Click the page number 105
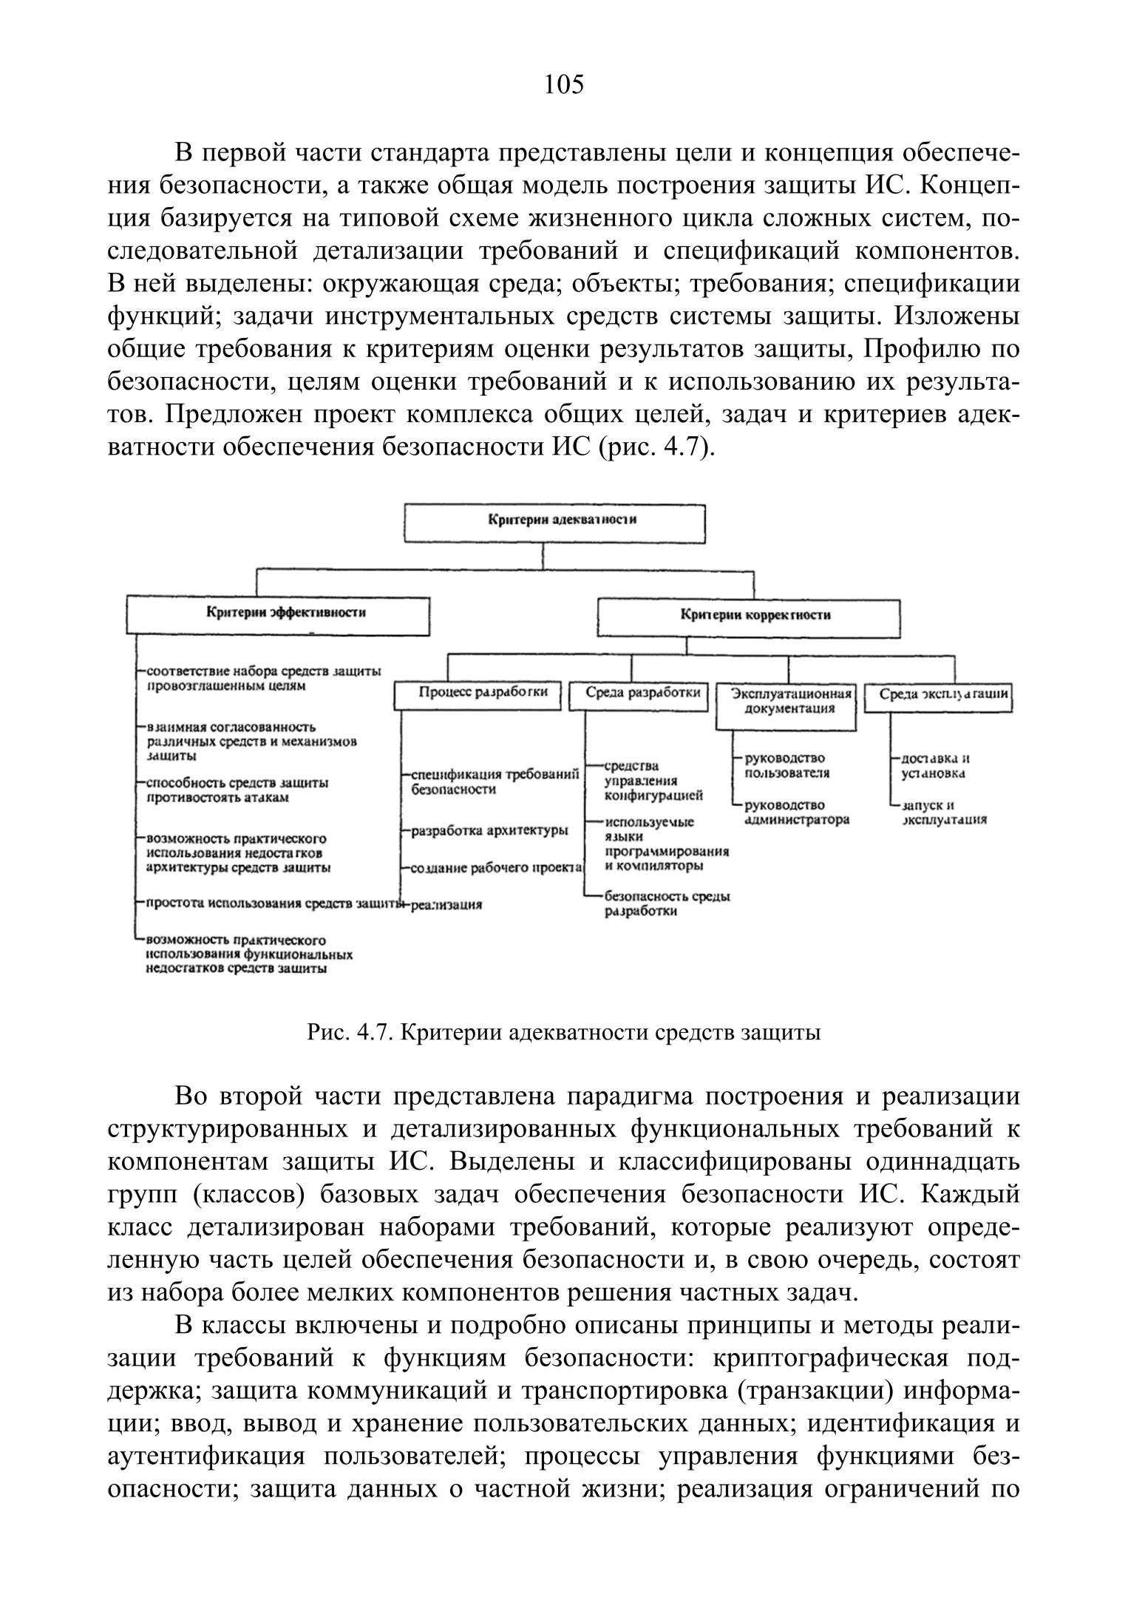click(x=563, y=85)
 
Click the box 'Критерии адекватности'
click(x=554, y=523)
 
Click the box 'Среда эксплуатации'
click(x=937, y=696)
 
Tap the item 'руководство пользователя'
click(x=786, y=766)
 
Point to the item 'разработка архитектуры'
click(x=489, y=830)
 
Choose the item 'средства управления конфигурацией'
click(x=653, y=781)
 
